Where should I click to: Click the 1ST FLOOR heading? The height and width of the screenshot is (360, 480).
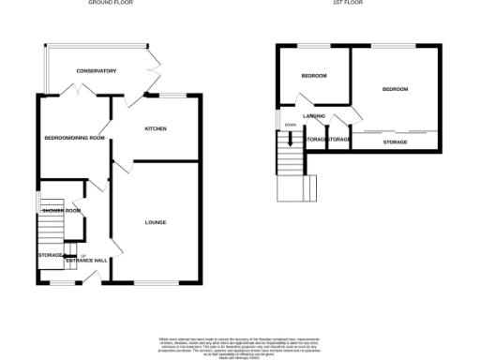(349, 3)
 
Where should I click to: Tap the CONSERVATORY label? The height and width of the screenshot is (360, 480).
(96, 71)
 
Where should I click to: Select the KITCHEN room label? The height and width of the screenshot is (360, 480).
(156, 128)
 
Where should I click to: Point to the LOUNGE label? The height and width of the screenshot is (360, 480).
(156, 222)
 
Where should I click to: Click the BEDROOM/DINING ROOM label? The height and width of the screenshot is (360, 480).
(74, 138)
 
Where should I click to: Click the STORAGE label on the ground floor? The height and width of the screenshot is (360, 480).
(50, 254)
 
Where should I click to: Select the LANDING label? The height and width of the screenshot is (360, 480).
(314, 116)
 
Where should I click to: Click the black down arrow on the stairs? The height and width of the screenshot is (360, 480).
(291, 141)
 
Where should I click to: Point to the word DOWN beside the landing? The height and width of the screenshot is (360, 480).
(291, 125)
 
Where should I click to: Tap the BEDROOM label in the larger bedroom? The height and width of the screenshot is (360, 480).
(395, 89)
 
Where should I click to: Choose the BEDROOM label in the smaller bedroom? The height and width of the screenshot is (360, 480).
(313, 76)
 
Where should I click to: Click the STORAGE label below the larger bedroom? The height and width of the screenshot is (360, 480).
(395, 142)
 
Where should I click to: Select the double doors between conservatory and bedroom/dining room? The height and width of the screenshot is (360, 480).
(74, 91)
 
